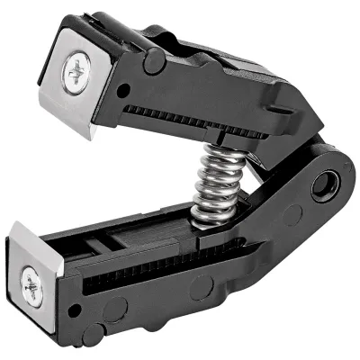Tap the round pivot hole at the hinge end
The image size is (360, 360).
[321, 187]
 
